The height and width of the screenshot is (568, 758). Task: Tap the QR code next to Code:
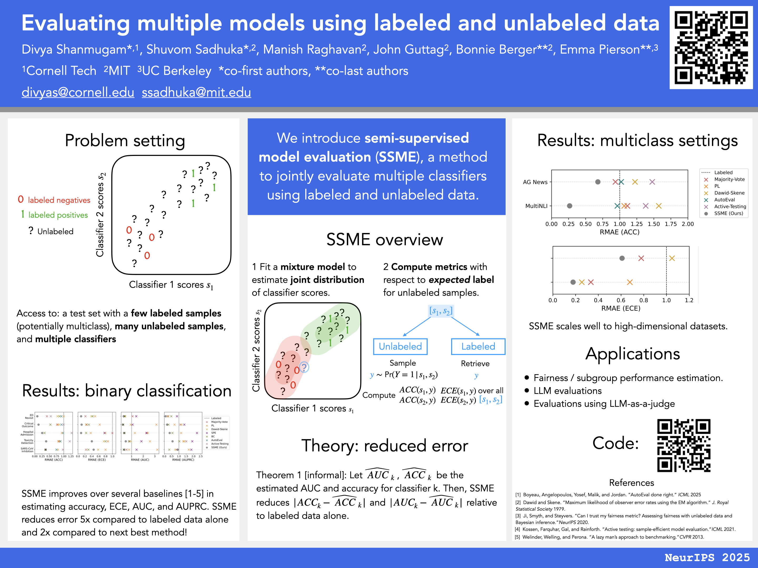click(684, 445)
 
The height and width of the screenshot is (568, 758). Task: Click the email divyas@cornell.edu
click(78, 93)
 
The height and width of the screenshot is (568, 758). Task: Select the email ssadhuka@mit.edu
click(196, 93)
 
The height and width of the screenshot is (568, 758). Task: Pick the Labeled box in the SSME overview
click(478, 347)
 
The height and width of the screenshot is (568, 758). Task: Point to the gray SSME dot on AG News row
click(598, 182)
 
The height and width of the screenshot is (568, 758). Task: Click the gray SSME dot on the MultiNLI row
click(570, 206)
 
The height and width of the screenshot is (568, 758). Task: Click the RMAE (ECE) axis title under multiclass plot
click(621, 308)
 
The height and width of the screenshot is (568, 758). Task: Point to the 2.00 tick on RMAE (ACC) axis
click(687, 224)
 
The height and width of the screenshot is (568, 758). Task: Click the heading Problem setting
click(125, 141)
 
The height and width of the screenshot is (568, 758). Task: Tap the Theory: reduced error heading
click(385, 446)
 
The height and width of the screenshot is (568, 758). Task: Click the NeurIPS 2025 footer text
click(707, 557)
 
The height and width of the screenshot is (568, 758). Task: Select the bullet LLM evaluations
click(567, 391)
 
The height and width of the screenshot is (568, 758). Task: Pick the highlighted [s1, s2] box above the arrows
click(441, 311)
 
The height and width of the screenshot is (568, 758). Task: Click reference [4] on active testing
click(625, 529)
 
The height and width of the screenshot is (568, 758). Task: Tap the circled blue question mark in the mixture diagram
click(304, 367)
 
